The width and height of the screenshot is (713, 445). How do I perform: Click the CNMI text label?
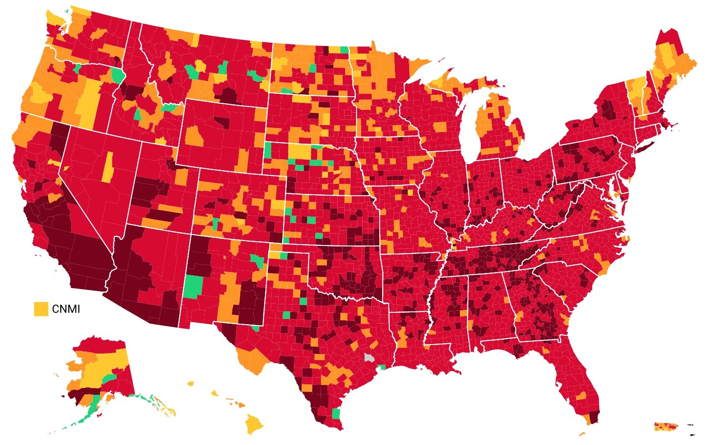click(66, 309)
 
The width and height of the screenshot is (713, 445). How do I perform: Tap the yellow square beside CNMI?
click(41, 309)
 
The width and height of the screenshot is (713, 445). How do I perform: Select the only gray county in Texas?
click(369, 358)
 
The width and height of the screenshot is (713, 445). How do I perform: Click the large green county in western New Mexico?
click(193, 287)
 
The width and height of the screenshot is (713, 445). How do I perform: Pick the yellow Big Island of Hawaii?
click(254, 423)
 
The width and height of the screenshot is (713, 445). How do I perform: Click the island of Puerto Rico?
click(666, 427)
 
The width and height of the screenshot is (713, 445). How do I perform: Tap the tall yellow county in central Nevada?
click(108, 167)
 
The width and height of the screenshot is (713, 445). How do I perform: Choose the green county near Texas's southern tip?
click(336, 414)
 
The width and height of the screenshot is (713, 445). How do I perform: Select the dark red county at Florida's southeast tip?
click(594, 417)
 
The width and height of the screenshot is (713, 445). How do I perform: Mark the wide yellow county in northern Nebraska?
click(299, 151)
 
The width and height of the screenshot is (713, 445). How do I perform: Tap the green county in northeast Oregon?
click(117, 75)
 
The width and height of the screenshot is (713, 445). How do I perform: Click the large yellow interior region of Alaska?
click(102, 365)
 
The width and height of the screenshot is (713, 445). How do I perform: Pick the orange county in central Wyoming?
click(194, 136)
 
